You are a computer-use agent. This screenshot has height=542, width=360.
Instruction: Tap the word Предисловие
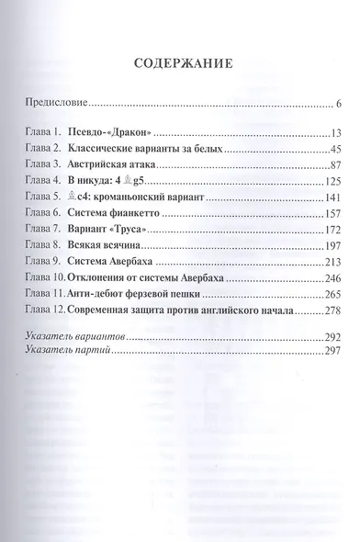tap(54, 102)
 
